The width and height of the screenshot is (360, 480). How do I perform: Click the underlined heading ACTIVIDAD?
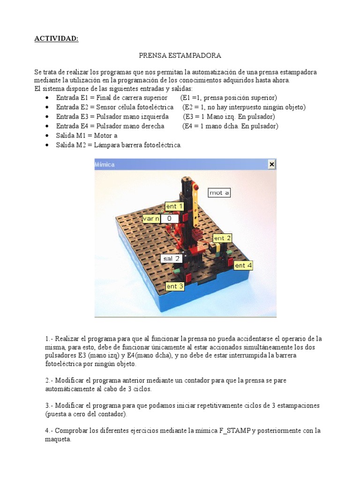[x=56, y=38]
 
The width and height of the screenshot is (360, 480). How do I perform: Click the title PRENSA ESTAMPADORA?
[x=180, y=55]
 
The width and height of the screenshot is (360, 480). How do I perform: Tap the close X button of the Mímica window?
[x=271, y=164]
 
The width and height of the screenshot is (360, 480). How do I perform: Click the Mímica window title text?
[x=105, y=165]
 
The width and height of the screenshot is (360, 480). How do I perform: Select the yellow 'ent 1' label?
[x=174, y=206]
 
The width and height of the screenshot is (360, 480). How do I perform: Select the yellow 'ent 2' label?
[x=223, y=238]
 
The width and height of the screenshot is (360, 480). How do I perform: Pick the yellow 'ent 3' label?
[x=175, y=286]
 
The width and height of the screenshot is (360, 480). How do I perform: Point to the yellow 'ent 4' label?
[x=243, y=265]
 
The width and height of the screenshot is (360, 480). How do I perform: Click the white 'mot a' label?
[x=219, y=192]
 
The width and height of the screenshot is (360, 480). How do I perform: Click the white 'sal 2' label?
[x=171, y=258]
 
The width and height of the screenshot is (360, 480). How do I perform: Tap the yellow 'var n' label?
[x=151, y=218]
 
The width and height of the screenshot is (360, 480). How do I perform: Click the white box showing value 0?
[x=170, y=218]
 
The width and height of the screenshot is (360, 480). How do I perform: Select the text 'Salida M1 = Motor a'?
[x=87, y=135]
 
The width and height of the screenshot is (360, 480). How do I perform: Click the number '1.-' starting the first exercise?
[x=50, y=338]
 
